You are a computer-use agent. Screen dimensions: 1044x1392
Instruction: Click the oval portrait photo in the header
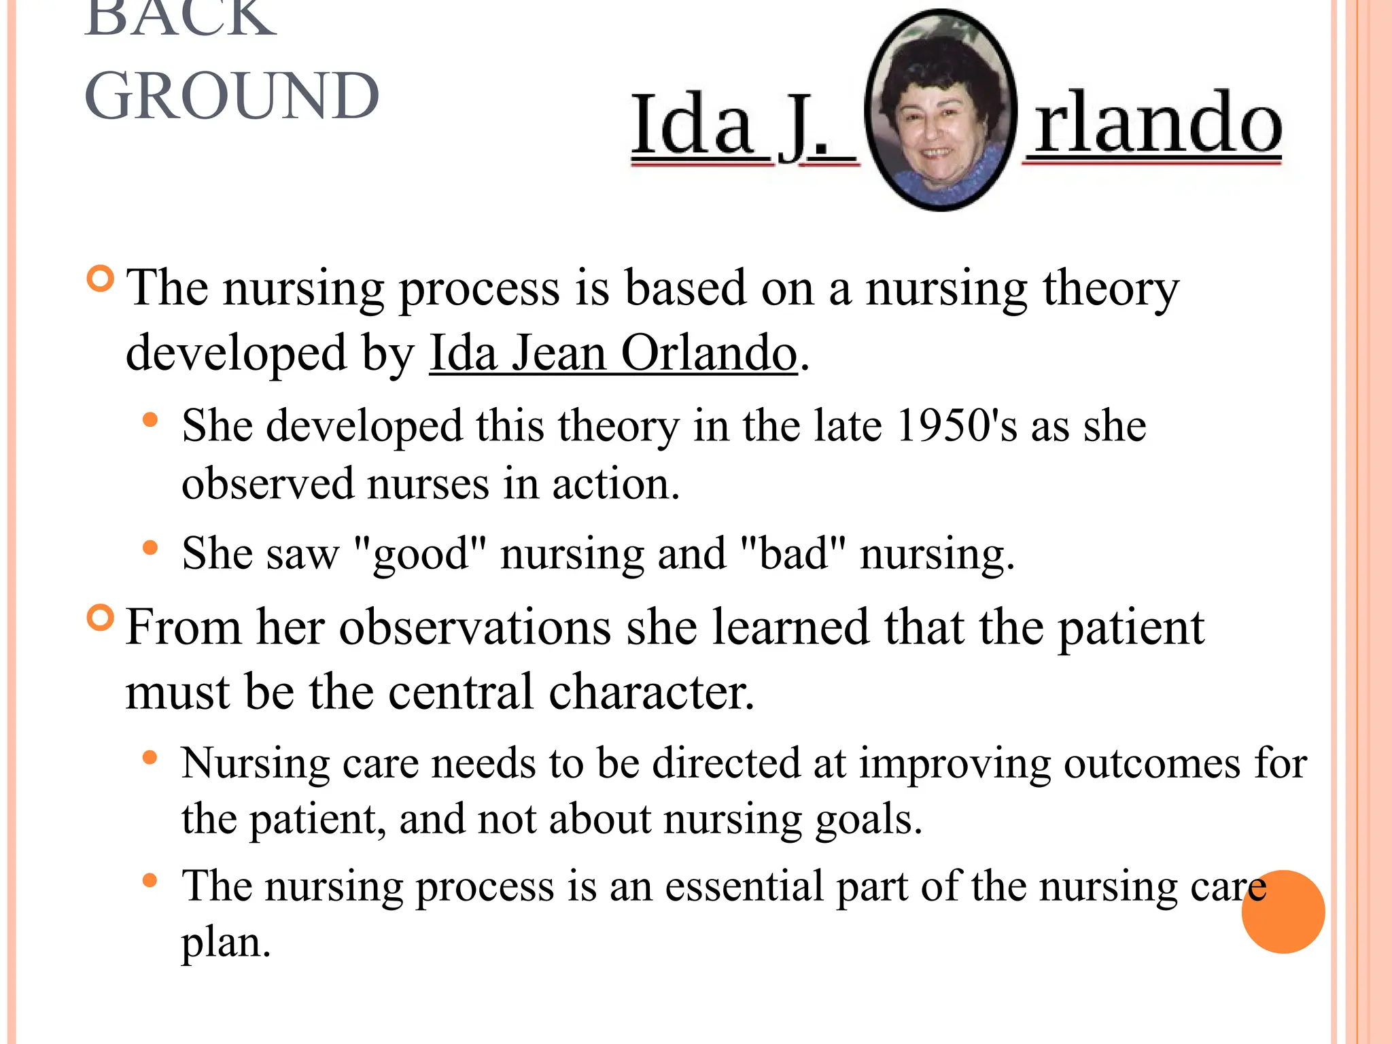942,111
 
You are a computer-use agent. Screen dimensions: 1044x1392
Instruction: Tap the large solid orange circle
1283,911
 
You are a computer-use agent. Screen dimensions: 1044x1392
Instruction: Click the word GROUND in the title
232,97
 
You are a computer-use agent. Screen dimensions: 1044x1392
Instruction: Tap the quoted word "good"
421,554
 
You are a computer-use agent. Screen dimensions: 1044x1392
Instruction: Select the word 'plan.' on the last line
226,943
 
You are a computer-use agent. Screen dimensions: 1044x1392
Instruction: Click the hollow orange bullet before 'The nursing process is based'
101,279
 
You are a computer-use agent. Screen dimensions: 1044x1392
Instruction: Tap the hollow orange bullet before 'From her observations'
101,618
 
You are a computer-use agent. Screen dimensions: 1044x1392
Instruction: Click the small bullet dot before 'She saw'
150,548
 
